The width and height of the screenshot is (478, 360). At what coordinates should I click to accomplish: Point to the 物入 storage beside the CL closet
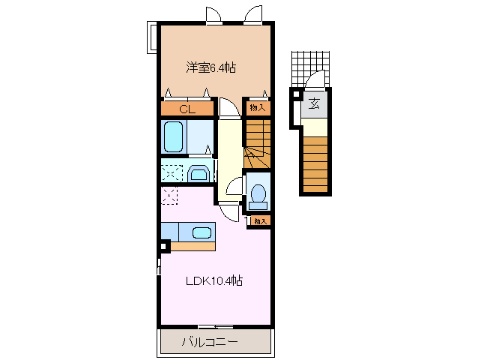[x=257, y=108]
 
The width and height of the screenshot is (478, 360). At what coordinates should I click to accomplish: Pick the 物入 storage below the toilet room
[x=259, y=220]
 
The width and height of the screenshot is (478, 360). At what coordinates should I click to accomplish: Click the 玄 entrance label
[x=315, y=103]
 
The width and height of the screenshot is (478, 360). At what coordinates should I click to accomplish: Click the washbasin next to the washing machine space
[x=199, y=174]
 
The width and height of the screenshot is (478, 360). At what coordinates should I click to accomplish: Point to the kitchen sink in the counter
[x=201, y=232]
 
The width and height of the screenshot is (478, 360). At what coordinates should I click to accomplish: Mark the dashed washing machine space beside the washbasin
[x=172, y=172]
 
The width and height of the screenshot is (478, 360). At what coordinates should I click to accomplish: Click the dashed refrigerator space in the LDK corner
[x=170, y=196]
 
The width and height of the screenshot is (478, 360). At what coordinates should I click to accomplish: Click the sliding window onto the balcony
[x=215, y=326]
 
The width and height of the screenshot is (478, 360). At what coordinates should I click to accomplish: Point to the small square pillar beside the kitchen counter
[x=164, y=245]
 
